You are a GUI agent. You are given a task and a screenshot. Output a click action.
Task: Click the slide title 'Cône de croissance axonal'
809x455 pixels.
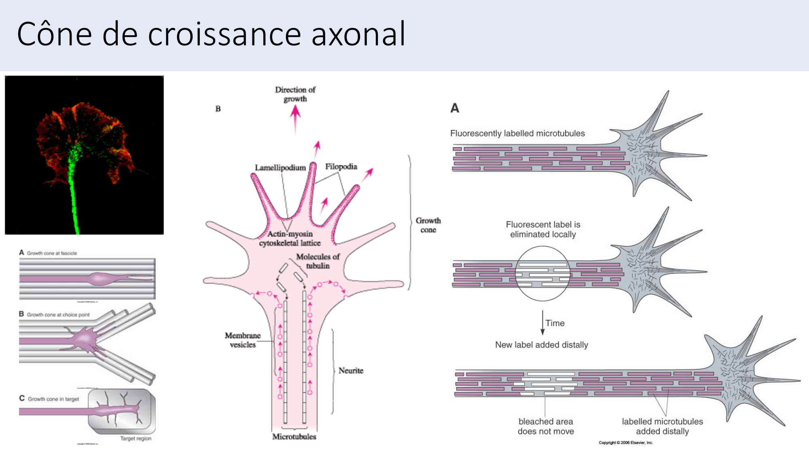click(211, 34)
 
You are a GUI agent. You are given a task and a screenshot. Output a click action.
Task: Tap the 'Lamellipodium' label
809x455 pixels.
click(280, 167)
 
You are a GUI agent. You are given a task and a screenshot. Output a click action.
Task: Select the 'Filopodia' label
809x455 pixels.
click(341, 167)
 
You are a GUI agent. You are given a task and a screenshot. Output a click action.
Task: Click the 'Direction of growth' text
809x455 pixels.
click(295, 94)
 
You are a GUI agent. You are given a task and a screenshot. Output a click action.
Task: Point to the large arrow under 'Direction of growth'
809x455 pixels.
click(295, 117)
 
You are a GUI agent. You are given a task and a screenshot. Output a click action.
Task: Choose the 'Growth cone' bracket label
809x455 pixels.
click(428, 225)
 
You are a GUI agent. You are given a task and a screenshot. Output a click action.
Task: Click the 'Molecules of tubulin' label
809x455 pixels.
click(318, 261)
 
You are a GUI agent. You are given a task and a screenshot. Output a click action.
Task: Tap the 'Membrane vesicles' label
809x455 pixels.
click(243, 340)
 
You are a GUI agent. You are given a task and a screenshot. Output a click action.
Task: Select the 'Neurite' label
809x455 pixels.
click(351, 370)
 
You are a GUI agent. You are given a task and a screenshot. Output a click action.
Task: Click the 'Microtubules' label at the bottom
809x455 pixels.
click(294, 437)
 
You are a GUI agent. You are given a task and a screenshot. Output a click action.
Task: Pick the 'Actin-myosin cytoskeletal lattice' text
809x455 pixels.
click(290, 239)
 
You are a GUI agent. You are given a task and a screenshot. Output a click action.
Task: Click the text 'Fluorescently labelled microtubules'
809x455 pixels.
click(517, 133)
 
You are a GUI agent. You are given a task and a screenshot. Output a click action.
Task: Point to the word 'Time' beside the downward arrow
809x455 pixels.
click(555, 323)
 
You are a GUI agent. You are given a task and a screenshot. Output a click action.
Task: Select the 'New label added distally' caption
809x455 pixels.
click(542, 345)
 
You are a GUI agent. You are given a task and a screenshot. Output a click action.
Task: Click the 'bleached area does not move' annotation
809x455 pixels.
click(546, 426)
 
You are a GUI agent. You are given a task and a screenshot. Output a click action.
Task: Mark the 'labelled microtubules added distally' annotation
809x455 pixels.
click(662, 426)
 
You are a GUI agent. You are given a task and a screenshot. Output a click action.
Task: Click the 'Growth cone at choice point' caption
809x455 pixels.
click(58, 315)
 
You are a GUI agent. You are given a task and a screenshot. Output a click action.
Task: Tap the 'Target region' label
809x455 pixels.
click(136, 438)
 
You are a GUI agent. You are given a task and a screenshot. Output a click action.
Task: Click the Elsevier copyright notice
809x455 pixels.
click(626, 443)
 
